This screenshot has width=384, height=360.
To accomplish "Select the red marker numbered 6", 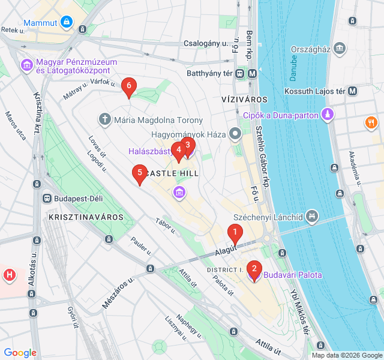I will [128, 87].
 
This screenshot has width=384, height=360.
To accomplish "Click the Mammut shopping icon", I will [66, 23].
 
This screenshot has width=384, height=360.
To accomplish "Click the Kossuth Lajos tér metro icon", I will [352, 91].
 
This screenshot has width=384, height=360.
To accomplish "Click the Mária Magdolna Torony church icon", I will [104, 119].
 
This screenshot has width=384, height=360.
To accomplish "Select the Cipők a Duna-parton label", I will [280, 114].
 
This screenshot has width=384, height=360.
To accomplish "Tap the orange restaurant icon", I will [371, 123].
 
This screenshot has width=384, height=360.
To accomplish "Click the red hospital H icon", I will [10, 275].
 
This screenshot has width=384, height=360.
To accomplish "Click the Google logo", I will [20, 353].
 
